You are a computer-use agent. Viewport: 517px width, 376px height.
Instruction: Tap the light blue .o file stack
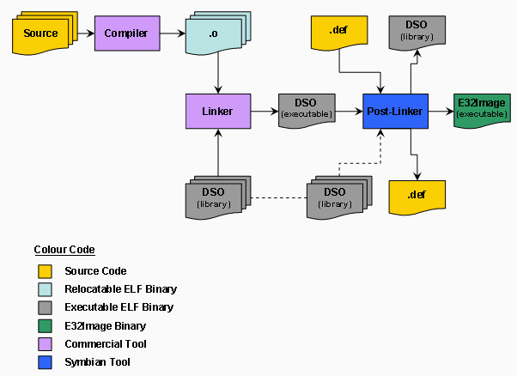pos(215,34)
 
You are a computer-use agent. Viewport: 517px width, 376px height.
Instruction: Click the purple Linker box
pos(218,111)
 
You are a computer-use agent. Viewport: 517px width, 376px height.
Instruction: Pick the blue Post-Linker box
pos(395,111)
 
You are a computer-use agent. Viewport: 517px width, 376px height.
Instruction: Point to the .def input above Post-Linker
pos(339,32)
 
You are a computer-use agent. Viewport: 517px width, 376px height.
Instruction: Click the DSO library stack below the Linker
pos(217,197)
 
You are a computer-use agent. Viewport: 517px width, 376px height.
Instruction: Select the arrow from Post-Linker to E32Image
pos(440,112)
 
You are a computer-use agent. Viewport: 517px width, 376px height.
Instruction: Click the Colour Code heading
pos(64,250)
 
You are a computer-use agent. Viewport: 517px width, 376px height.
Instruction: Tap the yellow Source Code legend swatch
pos(45,271)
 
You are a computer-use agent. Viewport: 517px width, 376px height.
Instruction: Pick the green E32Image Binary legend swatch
pos(45,325)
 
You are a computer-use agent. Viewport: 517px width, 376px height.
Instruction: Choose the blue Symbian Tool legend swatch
pos(45,362)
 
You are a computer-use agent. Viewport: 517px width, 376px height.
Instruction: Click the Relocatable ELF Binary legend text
pos(120,289)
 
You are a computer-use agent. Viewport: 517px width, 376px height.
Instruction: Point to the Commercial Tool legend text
pos(105,343)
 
